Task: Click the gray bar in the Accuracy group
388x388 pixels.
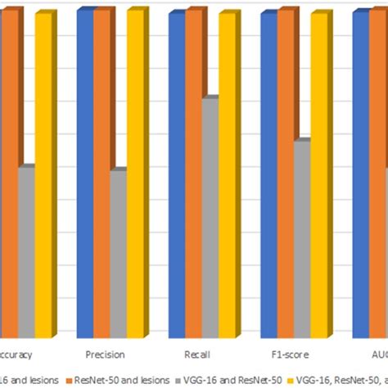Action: (25, 252)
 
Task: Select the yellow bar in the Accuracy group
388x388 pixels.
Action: (43, 176)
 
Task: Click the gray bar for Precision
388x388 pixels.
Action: (117, 254)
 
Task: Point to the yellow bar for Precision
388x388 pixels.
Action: (134, 176)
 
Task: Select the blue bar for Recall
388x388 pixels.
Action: (176, 176)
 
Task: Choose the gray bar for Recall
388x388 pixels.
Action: (210, 218)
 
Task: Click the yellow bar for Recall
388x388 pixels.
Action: (227, 176)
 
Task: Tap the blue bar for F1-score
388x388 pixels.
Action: (268, 176)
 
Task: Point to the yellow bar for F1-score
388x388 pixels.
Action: (318, 176)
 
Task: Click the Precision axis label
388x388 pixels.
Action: (105, 354)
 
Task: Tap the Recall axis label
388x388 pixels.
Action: (196, 354)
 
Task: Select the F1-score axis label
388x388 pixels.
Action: (288, 354)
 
